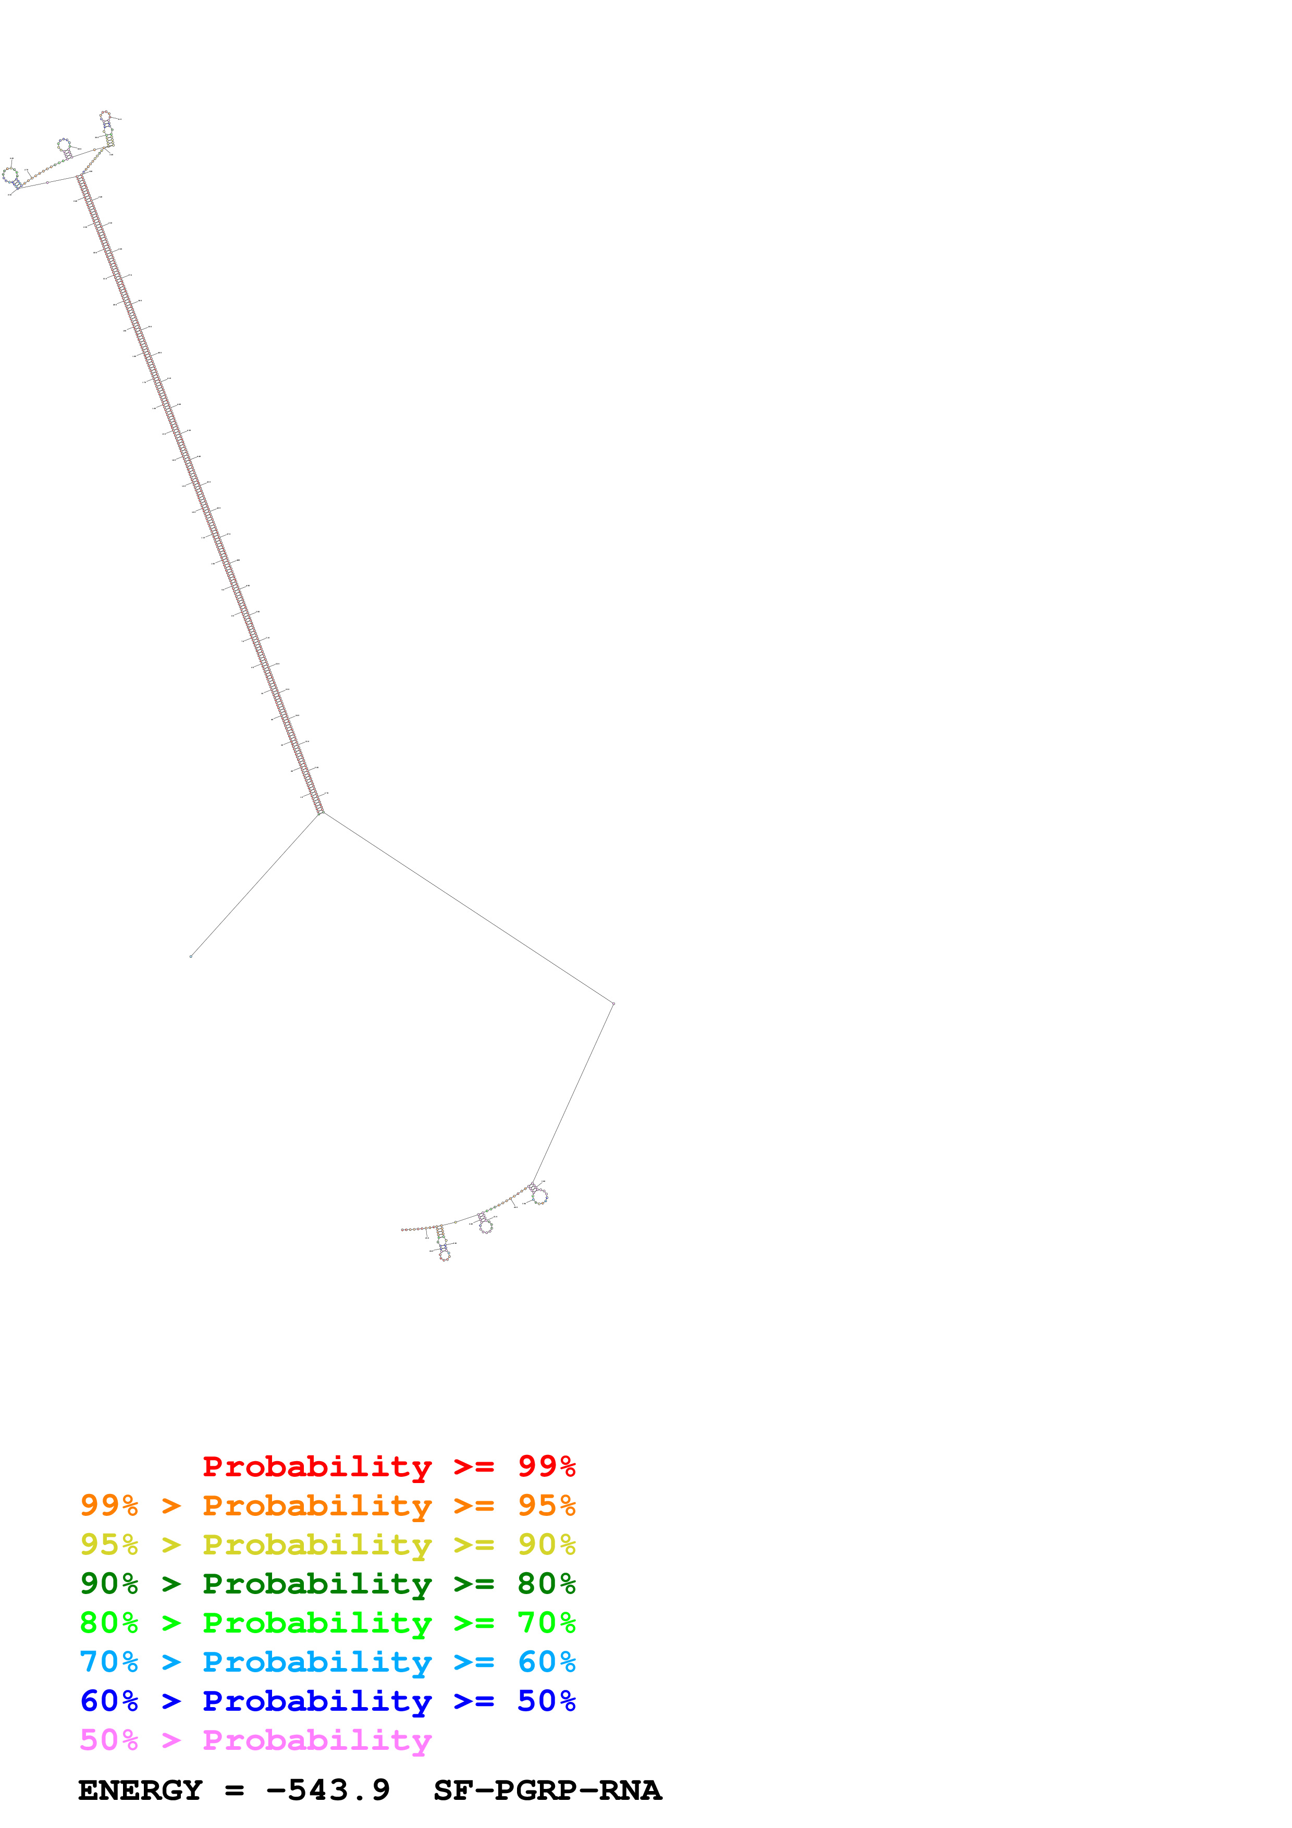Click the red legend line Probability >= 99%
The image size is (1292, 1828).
(388, 1466)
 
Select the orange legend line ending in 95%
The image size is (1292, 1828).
(327, 1505)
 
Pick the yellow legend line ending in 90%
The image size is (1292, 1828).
(327, 1545)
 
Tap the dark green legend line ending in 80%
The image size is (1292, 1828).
(327, 1584)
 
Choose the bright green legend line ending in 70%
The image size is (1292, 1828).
(327, 1623)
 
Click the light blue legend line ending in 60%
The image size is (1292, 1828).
(327, 1662)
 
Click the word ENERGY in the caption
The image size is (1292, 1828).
(140, 1790)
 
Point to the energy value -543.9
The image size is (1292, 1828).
(328, 1790)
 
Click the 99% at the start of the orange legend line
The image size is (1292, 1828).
(109, 1505)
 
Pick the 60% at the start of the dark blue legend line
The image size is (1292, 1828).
(109, 1701)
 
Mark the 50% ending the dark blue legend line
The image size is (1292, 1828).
(546, 1701)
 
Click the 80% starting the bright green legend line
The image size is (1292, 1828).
(109, 1623)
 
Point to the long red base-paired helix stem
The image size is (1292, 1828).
(199, 493)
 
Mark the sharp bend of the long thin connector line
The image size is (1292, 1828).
(613, 1003)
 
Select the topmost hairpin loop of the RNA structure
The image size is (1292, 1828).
(105, 116)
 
